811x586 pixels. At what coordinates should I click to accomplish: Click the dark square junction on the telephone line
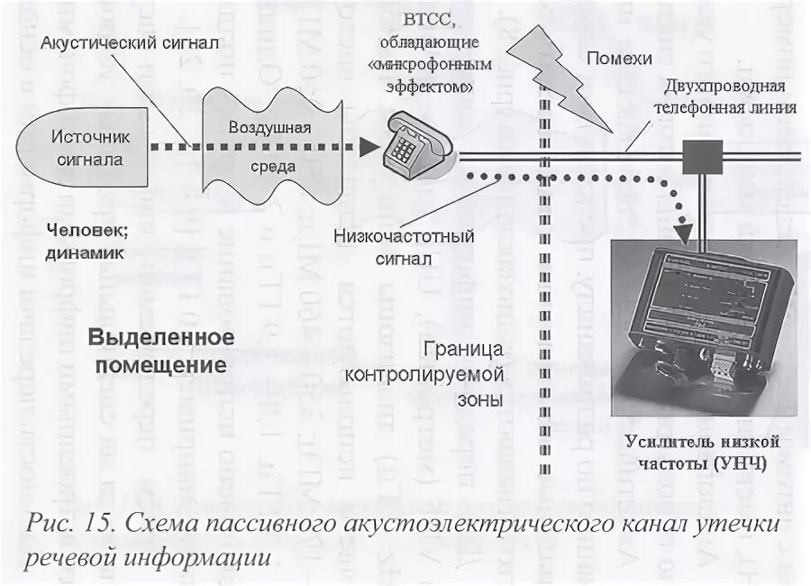[x=698, y=159]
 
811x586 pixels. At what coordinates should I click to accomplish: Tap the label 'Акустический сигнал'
[x=131, y=42]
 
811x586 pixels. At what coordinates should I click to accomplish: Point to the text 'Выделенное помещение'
[x=161, y=351]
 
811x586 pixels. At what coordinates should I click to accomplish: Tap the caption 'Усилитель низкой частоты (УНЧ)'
[x=703, y=453]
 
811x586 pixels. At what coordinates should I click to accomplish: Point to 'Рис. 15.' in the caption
[x=68, y=523]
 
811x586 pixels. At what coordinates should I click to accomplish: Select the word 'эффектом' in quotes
[x=422, y=87]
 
